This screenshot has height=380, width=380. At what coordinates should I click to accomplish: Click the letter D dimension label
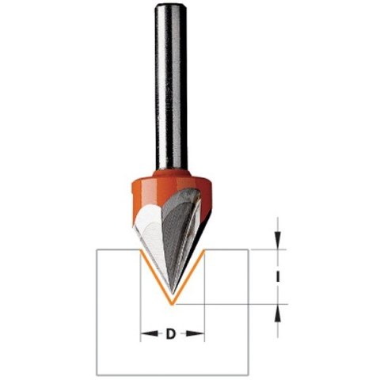(171, 334)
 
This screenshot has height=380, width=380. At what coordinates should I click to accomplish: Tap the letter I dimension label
(278, 275)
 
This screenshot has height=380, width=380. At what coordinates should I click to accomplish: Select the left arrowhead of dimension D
(144, 334)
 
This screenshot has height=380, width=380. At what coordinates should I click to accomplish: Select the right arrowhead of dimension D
(201, 334)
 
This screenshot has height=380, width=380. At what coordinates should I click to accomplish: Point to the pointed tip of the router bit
(173, 303)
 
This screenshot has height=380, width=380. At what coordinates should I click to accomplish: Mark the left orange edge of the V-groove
(157, 277)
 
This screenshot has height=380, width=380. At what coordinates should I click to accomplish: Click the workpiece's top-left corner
(97, 250)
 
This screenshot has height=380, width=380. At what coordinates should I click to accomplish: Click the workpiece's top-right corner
(249, 250)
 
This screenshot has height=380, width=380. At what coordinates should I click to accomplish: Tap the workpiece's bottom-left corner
(97, 374)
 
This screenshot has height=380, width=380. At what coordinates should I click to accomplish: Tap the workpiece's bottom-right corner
(249, 374)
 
